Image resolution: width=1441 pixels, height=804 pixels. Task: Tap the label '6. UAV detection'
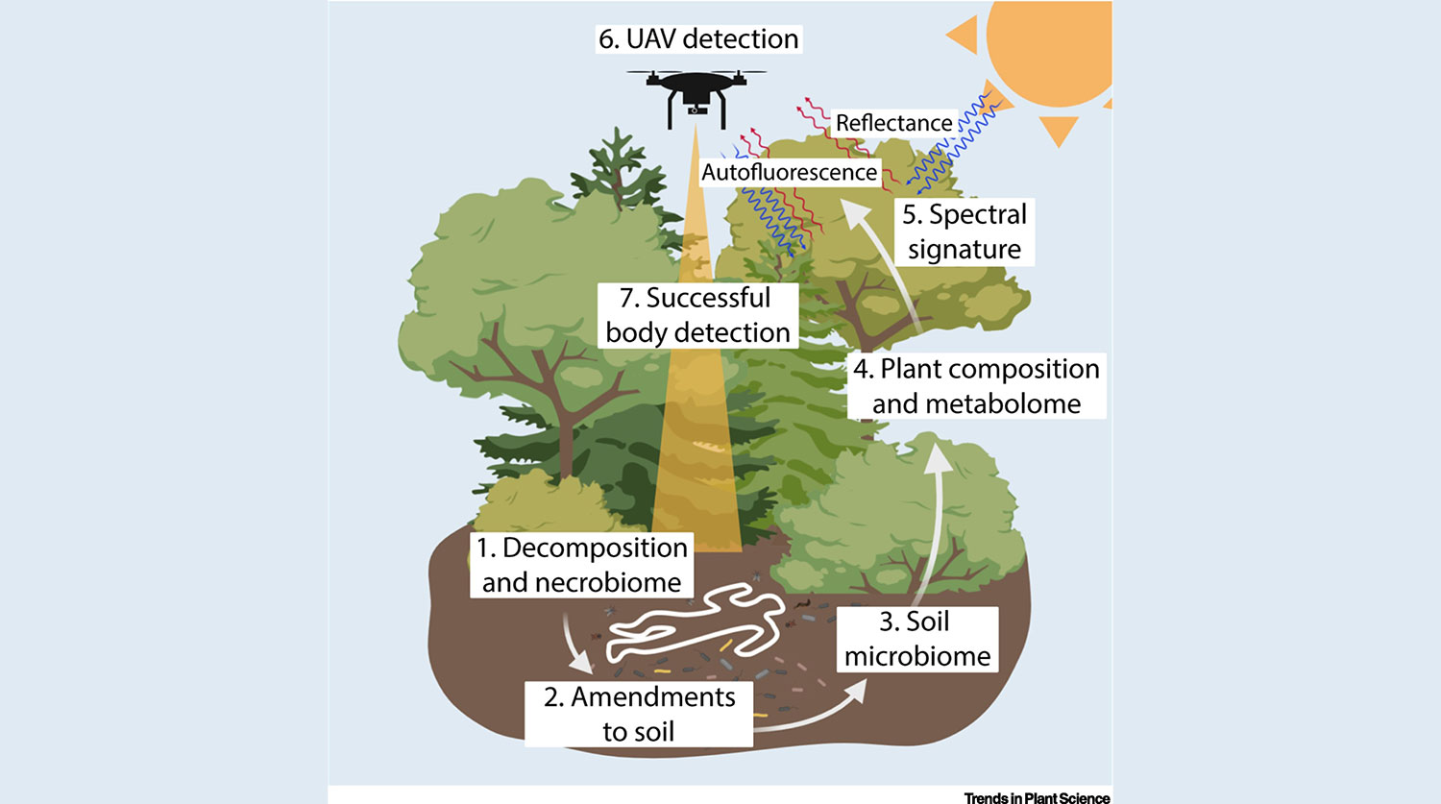tap(698, 39)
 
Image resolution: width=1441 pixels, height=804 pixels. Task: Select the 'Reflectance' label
tap(893, 123)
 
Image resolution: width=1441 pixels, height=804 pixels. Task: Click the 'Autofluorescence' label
tap(789, 173)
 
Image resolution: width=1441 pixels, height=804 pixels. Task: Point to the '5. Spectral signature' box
tap(964, 231)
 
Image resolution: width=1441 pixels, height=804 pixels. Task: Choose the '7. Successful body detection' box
tap(697, 315)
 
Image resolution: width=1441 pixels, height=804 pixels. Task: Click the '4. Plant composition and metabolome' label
tap(976, 386)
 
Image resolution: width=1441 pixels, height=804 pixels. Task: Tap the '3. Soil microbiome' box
tap(916, 639)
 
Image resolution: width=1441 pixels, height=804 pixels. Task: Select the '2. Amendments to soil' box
tap(639, 714)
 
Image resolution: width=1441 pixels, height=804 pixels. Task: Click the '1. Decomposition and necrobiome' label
tap(582, 565)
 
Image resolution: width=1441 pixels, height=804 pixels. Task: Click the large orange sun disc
tap(1052, 48)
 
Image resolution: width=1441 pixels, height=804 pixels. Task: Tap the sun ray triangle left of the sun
tap(964, 36)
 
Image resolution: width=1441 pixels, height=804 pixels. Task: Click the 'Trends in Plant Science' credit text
tap(1037, 797)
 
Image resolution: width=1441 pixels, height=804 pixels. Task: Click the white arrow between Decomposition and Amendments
tap(577, 648)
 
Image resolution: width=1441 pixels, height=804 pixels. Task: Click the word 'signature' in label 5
tap(964, 250)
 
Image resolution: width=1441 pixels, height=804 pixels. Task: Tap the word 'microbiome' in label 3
tap(916, 656)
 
